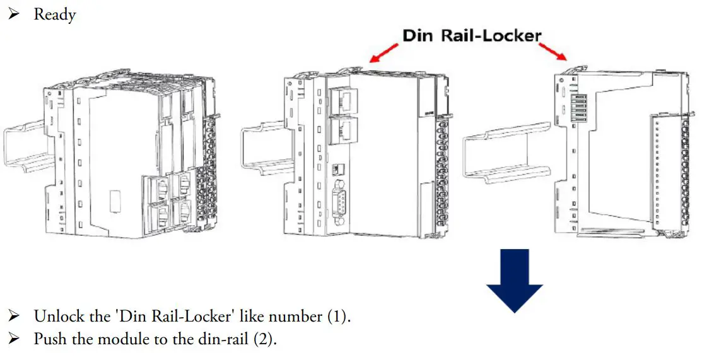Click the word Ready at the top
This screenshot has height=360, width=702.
[x=55, y=14]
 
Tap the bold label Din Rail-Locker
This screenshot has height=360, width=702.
[x=472, y=35]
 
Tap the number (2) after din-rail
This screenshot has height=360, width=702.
[x=265, y=339]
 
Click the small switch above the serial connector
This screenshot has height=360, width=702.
[x=337, y=169]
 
